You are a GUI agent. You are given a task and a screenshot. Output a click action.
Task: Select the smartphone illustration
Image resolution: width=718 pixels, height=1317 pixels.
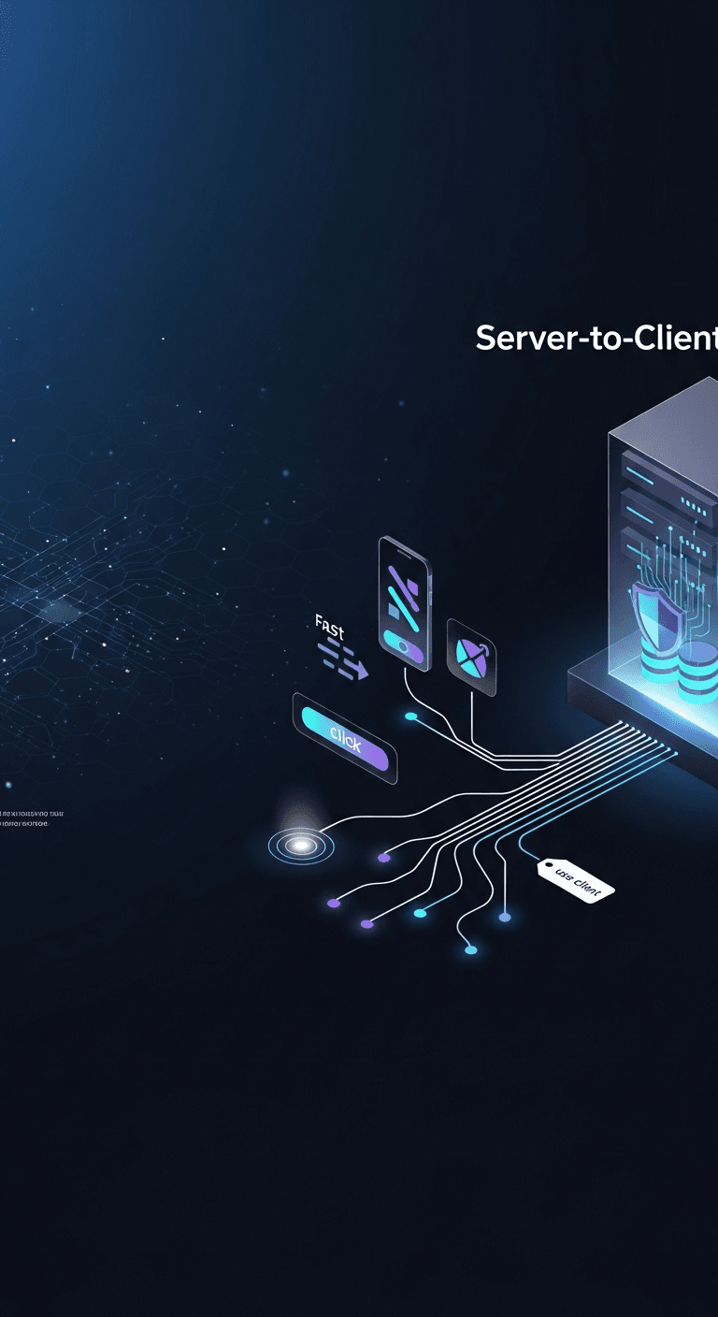(x=405, y=602)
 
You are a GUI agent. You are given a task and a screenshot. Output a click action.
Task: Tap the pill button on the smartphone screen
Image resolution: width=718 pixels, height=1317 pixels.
(x=403, y=645)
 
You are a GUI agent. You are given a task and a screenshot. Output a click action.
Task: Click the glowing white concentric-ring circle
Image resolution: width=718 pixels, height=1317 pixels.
(x=301, y=845)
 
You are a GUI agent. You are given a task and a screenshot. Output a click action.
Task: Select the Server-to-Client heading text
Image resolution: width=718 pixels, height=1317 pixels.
(x=596, y=338)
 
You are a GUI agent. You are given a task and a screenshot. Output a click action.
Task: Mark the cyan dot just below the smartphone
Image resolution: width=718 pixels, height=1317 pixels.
(x=410, y=716)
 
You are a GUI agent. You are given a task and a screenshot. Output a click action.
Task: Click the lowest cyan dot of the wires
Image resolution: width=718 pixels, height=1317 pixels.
(x=471, y=950)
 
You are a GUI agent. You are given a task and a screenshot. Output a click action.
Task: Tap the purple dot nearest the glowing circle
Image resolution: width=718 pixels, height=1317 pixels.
(x=383, y=857)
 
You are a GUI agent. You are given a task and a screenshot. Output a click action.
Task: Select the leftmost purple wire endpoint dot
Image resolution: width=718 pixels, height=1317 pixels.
(x=334, y=903)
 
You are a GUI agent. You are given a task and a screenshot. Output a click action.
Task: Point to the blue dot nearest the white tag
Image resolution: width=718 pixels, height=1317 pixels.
(x=505, y=918)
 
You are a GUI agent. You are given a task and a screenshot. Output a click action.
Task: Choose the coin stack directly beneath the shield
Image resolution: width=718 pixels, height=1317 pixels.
(x=659, y=663)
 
